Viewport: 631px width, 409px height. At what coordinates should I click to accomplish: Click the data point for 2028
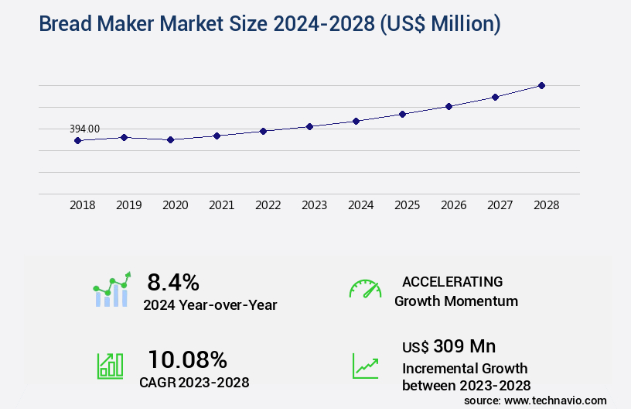pos(541,85)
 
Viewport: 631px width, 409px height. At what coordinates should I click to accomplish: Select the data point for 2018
pos(77,140)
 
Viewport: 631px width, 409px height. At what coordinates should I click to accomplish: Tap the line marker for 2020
pos(170,139)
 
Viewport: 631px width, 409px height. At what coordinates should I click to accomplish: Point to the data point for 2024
pos(356,121)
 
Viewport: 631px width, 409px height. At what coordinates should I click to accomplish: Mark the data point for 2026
pos(449,106)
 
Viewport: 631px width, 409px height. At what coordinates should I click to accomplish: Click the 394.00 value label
pos(84,129)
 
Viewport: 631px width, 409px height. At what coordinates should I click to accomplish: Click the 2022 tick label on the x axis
pos(268,205)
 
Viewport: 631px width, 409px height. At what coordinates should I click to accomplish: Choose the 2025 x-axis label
pos(407,205)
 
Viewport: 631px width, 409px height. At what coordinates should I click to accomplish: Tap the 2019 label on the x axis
pos(128,205)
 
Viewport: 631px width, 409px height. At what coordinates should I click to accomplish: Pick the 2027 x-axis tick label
pos(500,205)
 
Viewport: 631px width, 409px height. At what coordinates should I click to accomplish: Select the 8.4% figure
pos(173,281)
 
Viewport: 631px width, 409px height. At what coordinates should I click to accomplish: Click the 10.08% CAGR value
pos(187,359)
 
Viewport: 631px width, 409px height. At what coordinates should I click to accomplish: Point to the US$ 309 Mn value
pos(449,345)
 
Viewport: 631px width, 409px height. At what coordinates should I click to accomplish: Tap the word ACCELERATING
pos(452,281)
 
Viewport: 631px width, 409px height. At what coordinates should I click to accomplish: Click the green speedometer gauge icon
pos(365,289)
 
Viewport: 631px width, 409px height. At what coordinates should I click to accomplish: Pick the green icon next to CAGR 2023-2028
pos(110,366)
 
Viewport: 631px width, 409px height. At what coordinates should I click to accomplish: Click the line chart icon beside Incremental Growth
pos(365,366)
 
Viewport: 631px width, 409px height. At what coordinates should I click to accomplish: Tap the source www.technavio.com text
pos(535,400)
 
